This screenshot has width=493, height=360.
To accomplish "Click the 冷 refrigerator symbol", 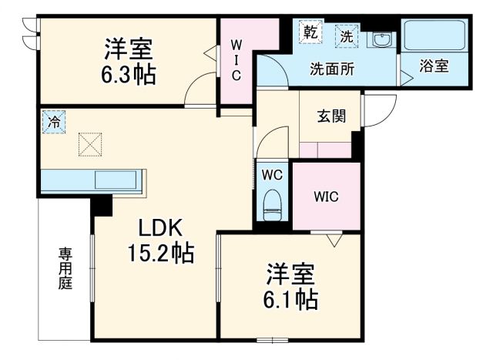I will (x=54, y=122).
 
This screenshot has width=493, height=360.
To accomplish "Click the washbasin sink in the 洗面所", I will (x=380, y=40).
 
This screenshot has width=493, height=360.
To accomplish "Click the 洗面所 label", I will (x=331, y=68).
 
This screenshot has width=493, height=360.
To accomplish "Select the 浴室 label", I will (x=434, y=66).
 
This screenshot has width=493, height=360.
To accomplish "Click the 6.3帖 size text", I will (x=129, y=76).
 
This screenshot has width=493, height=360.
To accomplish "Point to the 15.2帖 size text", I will (x=160, y=252).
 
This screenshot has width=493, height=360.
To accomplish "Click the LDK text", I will (x=159, y=227).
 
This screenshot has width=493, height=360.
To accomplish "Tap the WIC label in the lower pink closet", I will (x=326, y=196).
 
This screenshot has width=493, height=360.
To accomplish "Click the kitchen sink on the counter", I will (x=115, y=180).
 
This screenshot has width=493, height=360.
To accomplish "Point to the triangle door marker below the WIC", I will (x=333, y=241).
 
